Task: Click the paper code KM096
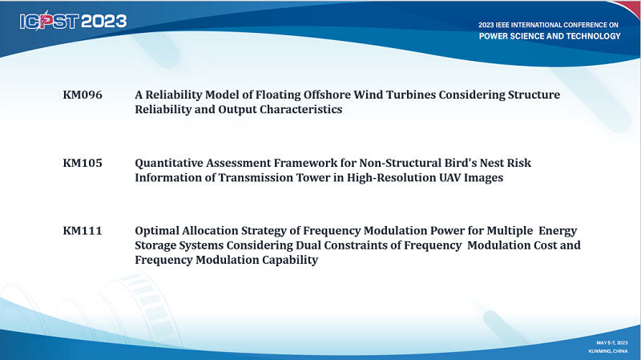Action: (83, 95)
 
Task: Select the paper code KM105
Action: (83, 163)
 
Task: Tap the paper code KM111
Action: (83, 231)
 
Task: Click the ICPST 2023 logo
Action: (73, 21)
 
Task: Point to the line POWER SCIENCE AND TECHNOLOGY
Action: (550, 36)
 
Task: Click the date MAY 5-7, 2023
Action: (612, 343)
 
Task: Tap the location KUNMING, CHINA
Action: (608, 351)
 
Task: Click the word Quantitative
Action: (169, 164)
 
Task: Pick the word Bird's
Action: (458, 163)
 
